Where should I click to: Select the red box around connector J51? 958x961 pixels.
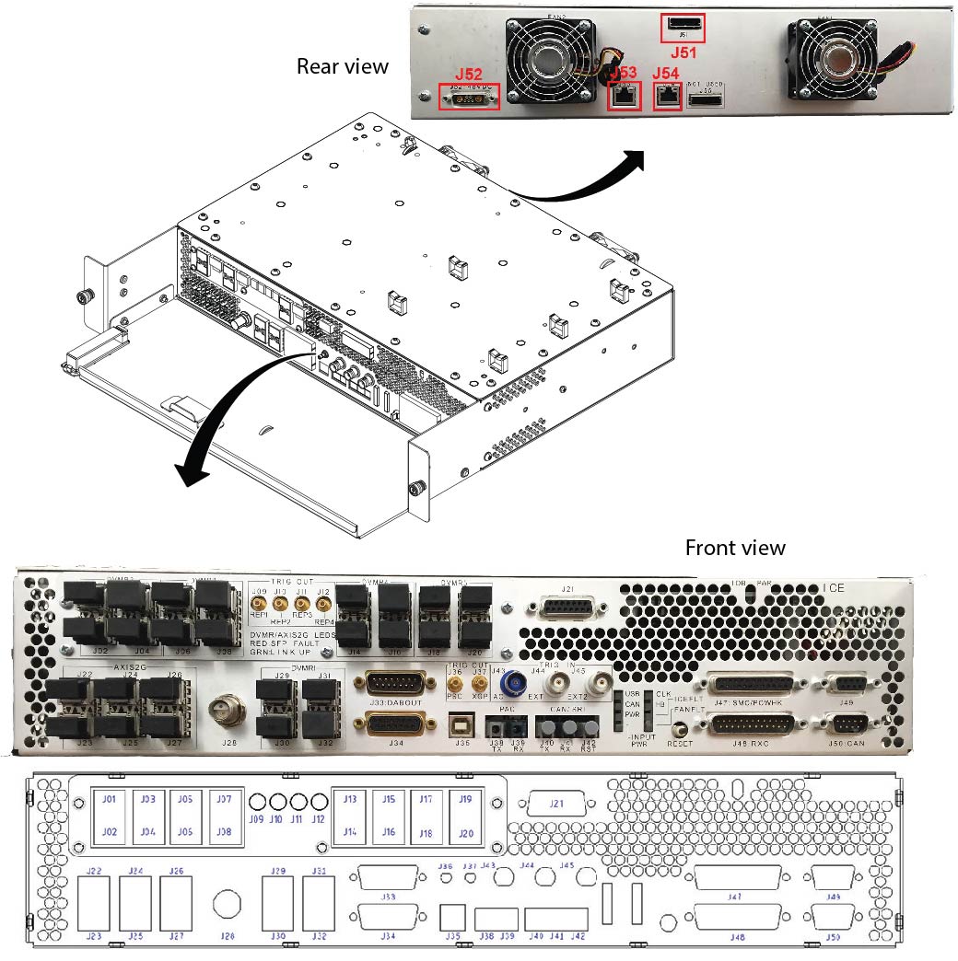(x=683, y=28)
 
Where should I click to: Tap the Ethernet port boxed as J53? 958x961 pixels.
(x=625, y=95)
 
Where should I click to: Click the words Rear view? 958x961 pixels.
(x=342, y=66)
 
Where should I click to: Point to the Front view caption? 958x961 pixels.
(x=735, y=548)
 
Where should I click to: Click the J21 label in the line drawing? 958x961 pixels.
(x=555, y=804)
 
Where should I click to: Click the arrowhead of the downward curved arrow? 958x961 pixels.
(x=190, y=475)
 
